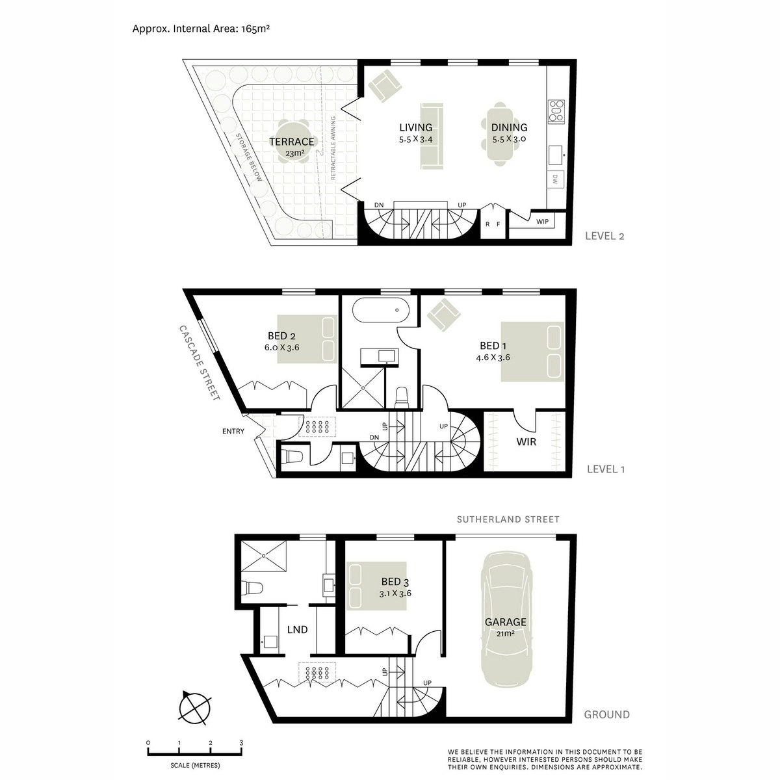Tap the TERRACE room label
pyautogui.click(x=291, y=142)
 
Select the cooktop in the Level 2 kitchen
pyautogui.click(x=556, y=111)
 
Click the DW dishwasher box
pyautogui.click(x=555, y=179)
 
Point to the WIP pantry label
pyautogui.click(x=542, y=222)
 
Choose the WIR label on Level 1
pyautogui.click(x=526, y=441)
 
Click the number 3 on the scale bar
pyautogui.click(x=241, y=743)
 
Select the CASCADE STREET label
pyautogui.click(x=199, y=363)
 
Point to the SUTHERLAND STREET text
pyautogui.click(x=508, y=519)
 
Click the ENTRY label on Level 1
pyautogui.click(x=233, y=431)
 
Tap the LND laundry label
pyautogui.click(x=298, y=629)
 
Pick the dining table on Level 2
pyautogui.click(x=500, y=134)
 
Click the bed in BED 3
pyautogui.click(x=377, y=586)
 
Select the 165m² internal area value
pyautogui.click(x=255, y=29)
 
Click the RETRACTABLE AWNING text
pyautogui.click(x=333, y=148)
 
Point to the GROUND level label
pyautogui.click(x=606, y=714)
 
